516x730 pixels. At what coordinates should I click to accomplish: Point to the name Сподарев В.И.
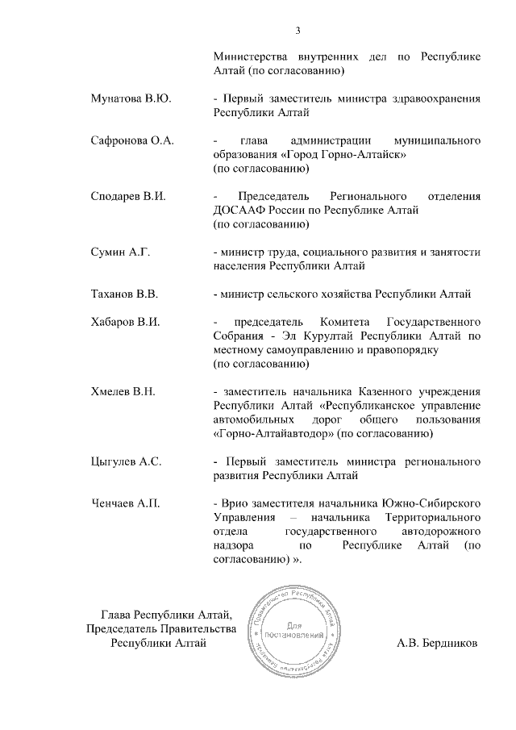127,196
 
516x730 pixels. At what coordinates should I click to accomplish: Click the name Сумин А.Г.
120,252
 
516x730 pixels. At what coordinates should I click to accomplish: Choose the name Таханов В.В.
126,294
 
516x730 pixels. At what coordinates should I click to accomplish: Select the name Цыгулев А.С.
127,462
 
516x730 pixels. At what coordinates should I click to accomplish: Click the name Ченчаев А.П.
125,504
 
